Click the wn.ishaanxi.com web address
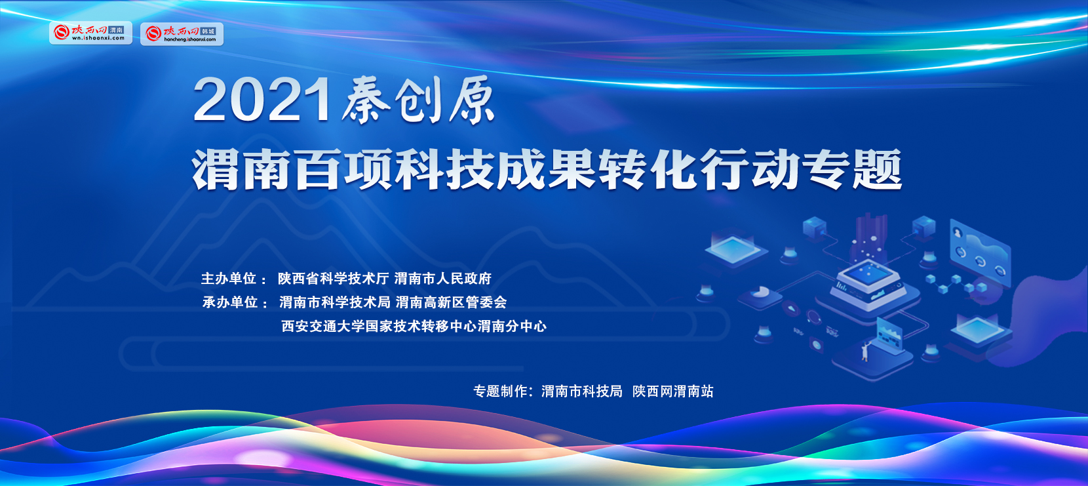tap(98, 38)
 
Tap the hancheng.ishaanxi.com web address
tap(189, 39)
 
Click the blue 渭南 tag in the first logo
tap(117, 30)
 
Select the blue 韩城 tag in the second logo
tap(208, 31)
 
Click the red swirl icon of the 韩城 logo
tap(153, 33)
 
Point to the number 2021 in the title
tap(263, 100)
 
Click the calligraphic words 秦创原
tap(418, 100)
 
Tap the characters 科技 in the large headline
tap(446, 170)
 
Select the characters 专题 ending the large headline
tap(852, 170)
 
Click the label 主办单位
tap(229, 279)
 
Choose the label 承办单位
tap(230, 302)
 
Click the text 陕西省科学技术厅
tap(333, 279)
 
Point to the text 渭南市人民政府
tap(443, 279)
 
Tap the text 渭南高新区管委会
tap(451, 302)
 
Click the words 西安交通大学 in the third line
tap(323, 326)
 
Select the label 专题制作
tap(501, 392)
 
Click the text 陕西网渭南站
tap(672, 392)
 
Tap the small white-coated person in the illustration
tap(865, 352)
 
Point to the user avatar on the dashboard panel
tap(958, 233)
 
